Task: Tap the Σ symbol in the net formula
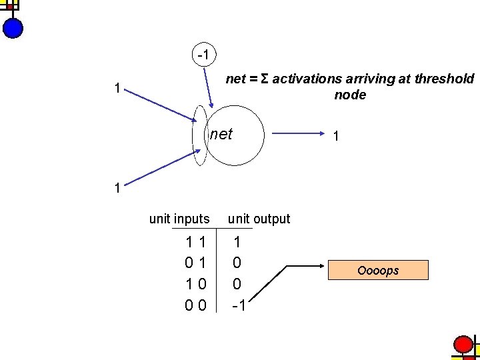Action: point(265,79)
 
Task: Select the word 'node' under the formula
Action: point(350,95)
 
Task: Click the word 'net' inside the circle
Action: point(221,135)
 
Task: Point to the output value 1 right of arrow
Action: point(337,136)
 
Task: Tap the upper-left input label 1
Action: point(117,88)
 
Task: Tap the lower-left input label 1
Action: point(117,188)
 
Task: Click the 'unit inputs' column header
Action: point(179,219)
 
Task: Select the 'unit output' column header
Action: point(259,219)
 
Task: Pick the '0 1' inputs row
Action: point(195,265)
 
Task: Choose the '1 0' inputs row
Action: point(195,285)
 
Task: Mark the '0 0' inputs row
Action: point(195,305)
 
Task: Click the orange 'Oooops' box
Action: point(378,271)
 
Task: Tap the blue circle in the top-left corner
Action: point(13,27)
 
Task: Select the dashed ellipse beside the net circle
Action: point(200,135)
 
